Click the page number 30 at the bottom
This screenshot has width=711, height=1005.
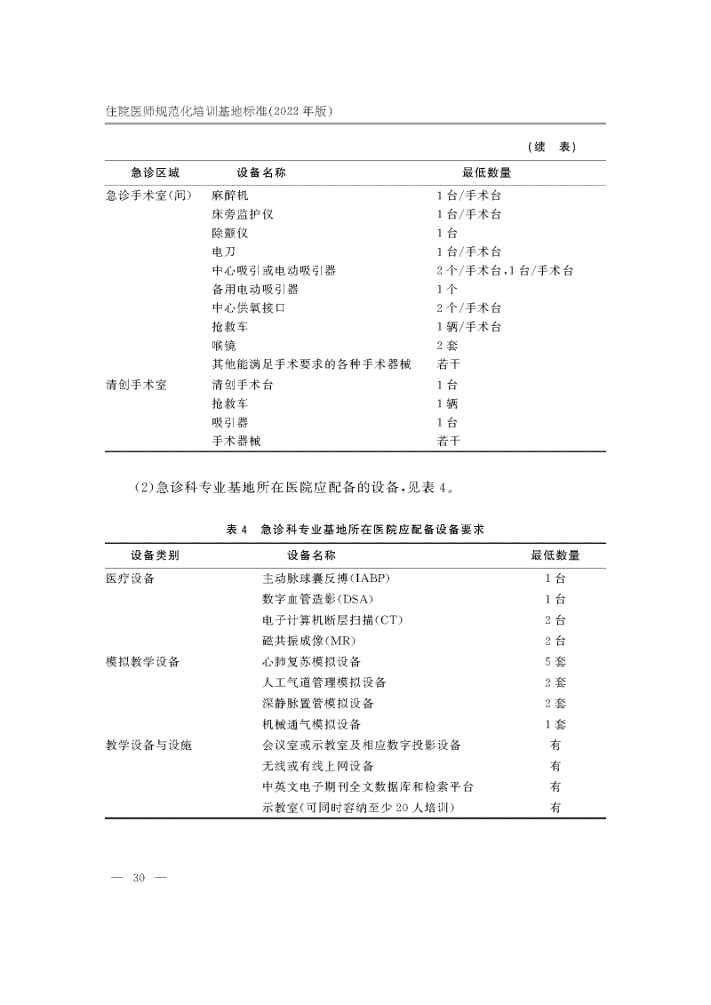138,878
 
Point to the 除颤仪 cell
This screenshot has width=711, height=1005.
228,233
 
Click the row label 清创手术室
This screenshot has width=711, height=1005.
136,385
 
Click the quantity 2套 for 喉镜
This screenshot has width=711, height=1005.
446,345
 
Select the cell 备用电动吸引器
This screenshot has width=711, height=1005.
254,289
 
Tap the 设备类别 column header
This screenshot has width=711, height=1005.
155,555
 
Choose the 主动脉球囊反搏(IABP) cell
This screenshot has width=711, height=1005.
326,578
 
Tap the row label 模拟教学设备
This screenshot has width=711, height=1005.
142,662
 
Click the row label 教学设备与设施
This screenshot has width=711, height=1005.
148,745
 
